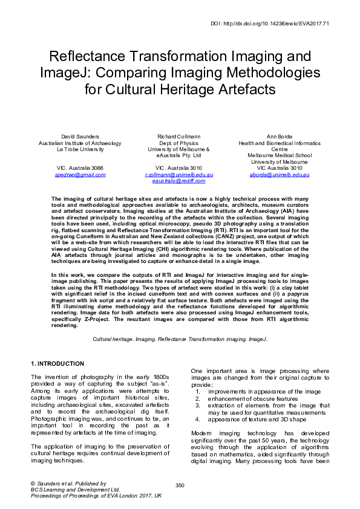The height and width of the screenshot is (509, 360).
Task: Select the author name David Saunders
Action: tap(80, 137)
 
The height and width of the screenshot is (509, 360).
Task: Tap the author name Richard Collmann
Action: tap(180, 137)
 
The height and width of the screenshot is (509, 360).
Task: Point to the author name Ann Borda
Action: tap(280, 137)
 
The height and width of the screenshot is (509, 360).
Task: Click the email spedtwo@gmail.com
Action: tap(80, 174)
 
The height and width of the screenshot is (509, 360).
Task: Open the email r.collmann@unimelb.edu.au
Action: tap(179, 174)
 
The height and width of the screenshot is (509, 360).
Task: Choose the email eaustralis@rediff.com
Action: tap(179, 180)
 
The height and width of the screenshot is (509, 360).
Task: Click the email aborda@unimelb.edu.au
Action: tap(280, 174)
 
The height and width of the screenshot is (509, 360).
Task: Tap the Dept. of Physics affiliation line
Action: tap(179, 143)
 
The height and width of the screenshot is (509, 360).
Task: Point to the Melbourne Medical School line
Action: tap(280, 155)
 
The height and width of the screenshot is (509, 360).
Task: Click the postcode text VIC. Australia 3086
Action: tap(80, 167)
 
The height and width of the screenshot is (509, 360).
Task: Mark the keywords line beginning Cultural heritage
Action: tap(180, 340)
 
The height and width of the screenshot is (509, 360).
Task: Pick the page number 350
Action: tap(180, 485)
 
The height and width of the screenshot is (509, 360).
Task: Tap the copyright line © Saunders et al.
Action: tap(68, 483)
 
